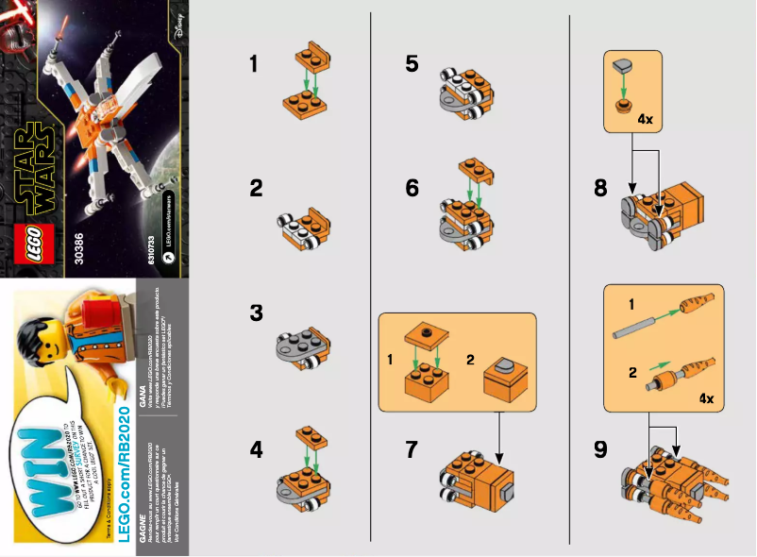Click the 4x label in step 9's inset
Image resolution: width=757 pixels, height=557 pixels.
706,398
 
